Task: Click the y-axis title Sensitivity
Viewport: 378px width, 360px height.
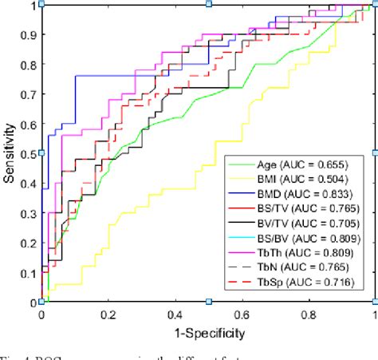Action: [x=10, y=153]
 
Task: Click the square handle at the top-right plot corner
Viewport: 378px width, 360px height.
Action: [x=374, y=4]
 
